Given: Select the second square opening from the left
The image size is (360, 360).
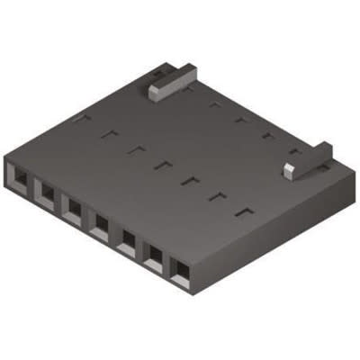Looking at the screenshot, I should (45, 188).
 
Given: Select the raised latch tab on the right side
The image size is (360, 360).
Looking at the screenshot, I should (306, 158).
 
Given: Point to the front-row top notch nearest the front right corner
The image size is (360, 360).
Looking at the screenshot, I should (241, 212).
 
